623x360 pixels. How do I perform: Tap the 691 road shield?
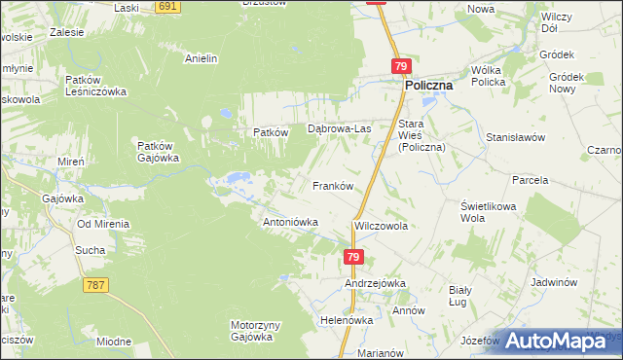[168, 6]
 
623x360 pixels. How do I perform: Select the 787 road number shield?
[95, 285]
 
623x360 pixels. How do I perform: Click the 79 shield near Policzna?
[401, 66]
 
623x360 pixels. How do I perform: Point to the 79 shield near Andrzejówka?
[353, 257]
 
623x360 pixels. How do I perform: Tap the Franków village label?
[331, 185]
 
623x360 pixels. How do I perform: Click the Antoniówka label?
[291, 222]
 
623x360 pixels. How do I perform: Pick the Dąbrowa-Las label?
[340, 128]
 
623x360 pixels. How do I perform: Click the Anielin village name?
[201, 58]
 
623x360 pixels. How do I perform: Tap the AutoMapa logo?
[560, 341]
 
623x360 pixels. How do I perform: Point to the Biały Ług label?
[459, 296]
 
